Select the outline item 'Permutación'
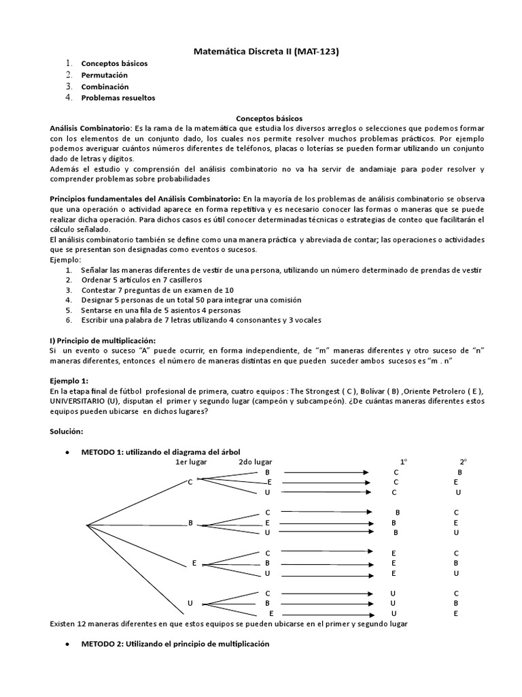[x=105, y=75]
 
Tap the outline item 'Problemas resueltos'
[x=118, y=97]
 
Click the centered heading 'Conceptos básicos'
[x=264, y=118]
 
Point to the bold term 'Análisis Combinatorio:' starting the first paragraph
[x=92, y=128]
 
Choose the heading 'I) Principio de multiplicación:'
[x=103, y=340]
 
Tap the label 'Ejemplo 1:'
[x=69, y=380]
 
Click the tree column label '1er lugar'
[x=191, y=462]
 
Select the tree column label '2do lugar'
[x=255, y=462]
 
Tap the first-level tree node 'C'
[x=190, y=483]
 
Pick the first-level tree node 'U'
[x=191, y=603]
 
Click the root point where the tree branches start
[x=87, y=524]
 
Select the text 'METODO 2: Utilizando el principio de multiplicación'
[x=175, y=644]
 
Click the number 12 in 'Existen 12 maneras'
[x=83, y=623]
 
